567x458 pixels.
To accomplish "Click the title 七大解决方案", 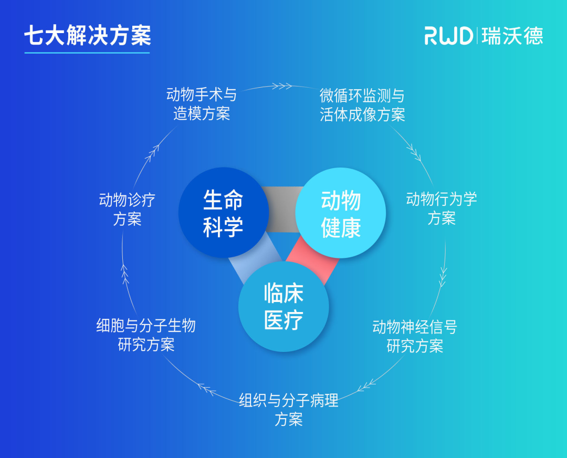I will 87,35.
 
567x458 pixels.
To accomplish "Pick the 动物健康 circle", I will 341,213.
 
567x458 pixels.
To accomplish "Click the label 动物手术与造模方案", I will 202,104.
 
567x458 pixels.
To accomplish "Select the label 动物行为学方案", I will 441,209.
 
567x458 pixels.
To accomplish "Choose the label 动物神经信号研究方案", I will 415,337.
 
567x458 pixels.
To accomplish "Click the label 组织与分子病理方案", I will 289,410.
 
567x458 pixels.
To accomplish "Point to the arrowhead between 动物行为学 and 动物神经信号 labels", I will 443,273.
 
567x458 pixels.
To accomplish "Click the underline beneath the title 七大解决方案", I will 87,53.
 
